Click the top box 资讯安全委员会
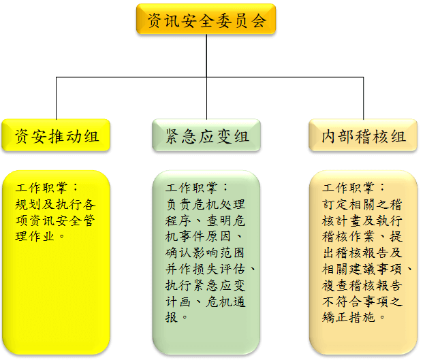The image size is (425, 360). tap(206, 19)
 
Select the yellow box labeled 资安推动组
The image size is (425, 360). tap(56, 135)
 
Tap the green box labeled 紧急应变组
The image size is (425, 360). tap(206, 135)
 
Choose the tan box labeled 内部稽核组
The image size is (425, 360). tap(363, 135)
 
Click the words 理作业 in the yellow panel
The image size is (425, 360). tap(35, 236)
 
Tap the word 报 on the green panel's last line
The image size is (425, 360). tap(172, 317)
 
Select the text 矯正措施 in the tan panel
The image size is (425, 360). tap(348, 317)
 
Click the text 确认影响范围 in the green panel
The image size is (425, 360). tap(205, 252)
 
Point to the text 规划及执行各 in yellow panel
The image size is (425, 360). tap(55, 204)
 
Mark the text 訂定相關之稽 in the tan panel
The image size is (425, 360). tap(362, 204)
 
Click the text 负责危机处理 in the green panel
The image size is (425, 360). tap(205, 204)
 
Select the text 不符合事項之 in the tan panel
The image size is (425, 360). tap(362, 301)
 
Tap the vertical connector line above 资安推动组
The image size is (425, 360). tap(56, 98)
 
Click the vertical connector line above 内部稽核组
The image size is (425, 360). tap(364, 98)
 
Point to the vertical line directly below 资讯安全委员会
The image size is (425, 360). tap(206, 56)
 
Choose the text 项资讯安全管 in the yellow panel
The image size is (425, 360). tap(55, 220)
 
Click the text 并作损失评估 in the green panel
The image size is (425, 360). tap(205, 269)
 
